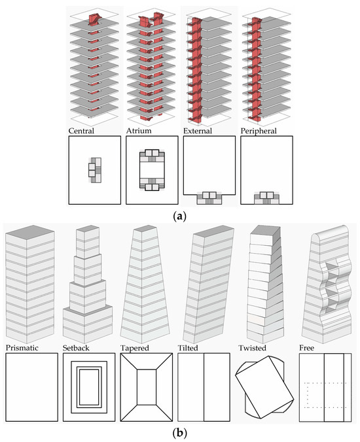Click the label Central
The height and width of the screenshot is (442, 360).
pyautogui.click(x=81, y=131)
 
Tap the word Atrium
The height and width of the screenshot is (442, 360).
pyautogui.click(x=139, y=131)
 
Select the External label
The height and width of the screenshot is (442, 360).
pyautogui.click(x=198, y=131)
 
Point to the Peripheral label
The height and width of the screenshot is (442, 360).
pyautogui.click(x=259, y=131)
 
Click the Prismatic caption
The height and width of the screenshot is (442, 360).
pyautogui.click(x=22, y=348)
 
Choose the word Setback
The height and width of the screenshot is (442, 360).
pyautogui.click(x=76, y=348)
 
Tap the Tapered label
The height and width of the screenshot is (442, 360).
pyautogui.click(x=135, y=348)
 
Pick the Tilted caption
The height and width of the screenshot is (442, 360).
pyautogui.click(x=188, y=348)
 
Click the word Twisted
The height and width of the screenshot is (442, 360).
pyautogui.click(x=252, y=348)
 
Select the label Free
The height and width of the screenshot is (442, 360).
pyautogui.click(x=307, y=348)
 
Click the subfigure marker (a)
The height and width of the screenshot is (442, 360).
pyautogui.click(x=179, y=216)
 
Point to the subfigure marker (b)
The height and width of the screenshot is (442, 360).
pyautogui.click(x=179, y=433)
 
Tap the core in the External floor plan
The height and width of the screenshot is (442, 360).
pyautogui.click(x=209, y=198)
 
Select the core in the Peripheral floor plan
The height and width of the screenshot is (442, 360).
pyautogui.click(x=266, y=198)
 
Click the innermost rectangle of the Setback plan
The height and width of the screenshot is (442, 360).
pyautogui.click(x=89, y=387)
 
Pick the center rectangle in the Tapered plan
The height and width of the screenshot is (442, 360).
pyautogui.click(x=147, y=387)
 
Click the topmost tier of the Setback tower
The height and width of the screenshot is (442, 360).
pyautogui.click(x=88, y=242)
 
